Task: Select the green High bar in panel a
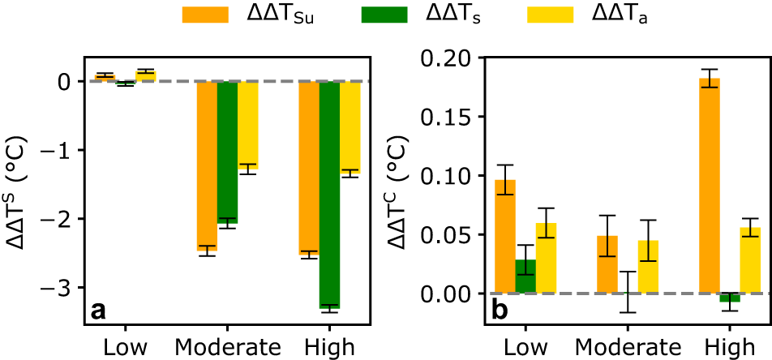[329, 195]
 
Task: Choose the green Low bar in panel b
[525, 276]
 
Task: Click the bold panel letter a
[98, 309]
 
